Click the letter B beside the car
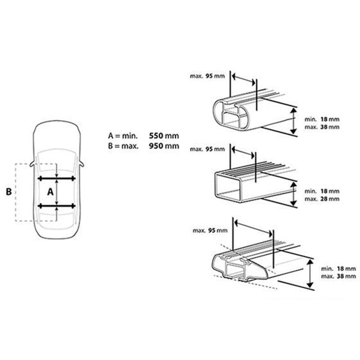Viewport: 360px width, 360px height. [x=9, y=192]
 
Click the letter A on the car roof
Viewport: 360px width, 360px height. [x=50, y=192]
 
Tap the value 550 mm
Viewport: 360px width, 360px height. [x=164, y=136]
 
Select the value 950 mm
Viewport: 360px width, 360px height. [x=164, y=146]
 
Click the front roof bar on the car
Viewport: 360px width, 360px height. [x=57, y=178]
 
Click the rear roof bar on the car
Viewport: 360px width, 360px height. [x=57, y=206]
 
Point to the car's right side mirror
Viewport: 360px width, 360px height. [x=81, y=164]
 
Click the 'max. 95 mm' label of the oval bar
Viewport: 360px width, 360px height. [x=207, y=76]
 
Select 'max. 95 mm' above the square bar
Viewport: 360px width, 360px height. [x=207, y=149]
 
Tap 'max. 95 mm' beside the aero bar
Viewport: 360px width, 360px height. [x=210, y=230]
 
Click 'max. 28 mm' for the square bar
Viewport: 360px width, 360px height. [x=322, y=199]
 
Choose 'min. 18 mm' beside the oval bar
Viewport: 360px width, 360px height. [x=322, y=119]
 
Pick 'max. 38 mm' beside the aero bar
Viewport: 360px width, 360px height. [x=338, y=276]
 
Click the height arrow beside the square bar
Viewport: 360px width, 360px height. [x=293, y=194]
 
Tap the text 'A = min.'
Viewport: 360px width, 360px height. [x=123, y=136]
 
